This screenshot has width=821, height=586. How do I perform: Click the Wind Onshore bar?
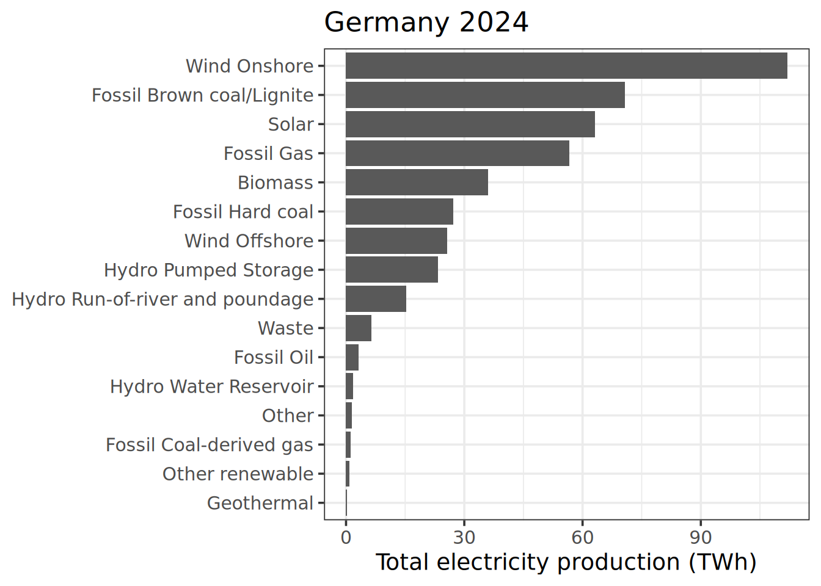[566, 66]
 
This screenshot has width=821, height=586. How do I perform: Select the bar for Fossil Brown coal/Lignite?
[485, 95]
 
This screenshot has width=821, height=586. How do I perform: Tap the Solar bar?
[470, 125]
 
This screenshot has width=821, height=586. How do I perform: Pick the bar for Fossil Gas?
[458, 153]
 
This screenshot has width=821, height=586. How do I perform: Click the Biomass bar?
[417, 183]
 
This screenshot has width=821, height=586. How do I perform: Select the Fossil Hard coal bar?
[400, 212]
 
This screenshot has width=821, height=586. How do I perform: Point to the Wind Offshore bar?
[396, 241]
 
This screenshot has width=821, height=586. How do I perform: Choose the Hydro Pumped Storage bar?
[392, 270]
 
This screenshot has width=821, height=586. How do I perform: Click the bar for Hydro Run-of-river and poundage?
[376, 299]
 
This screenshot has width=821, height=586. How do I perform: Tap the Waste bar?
[359, 328]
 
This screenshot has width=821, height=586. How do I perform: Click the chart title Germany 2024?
[426, 23]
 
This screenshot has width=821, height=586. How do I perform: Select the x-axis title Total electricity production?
[566, 562]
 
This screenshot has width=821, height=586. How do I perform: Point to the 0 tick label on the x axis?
[346, 538]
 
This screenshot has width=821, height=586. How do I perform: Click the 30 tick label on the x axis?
[464, 538]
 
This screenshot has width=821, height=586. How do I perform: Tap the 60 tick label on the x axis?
[582, 538]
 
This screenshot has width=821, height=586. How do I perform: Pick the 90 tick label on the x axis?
[701, 538]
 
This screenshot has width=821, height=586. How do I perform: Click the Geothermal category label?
[260, 504]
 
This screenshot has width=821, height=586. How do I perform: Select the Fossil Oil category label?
[273, 358]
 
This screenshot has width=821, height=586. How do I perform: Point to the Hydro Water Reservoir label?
[211, 387]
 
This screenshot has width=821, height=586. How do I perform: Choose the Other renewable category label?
[238, 474]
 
